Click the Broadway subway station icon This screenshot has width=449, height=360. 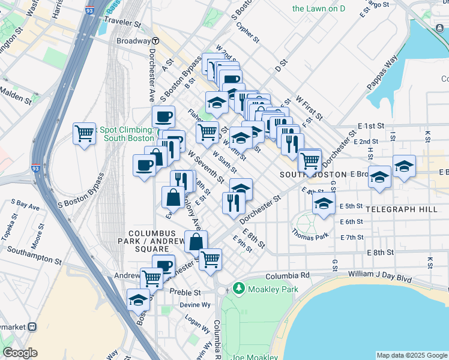(x=155, y=41)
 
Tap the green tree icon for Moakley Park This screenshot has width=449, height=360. (x=239, y=289)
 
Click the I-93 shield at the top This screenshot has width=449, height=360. (x=89, y=10)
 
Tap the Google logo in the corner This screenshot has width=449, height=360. (x=20, y=353)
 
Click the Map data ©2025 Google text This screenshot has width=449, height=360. (x=411, y=355)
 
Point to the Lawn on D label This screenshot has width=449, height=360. (x=318, y=9)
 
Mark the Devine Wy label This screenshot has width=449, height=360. (x=194, y=305)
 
